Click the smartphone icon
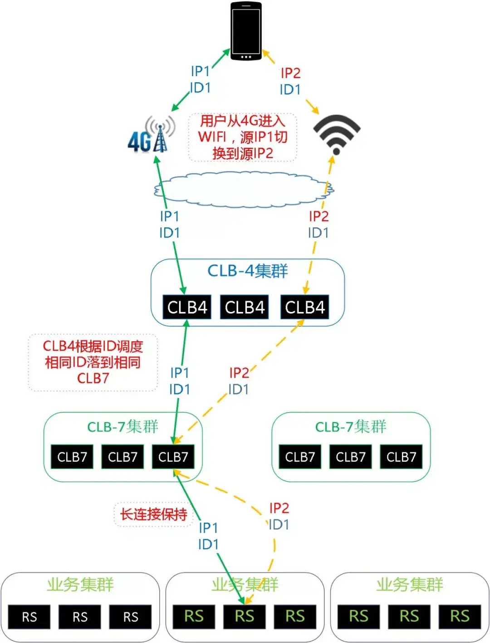tap(246, 31)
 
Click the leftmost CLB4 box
tap(187, 307)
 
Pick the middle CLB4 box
tap(245, 307)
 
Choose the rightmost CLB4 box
tap(305, 307)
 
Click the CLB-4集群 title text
tap(248, 271)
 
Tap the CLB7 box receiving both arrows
tap(173, 457)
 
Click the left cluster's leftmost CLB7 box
tap(72, 457)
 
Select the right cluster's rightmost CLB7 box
tap(401, 457)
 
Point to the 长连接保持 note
tap(153, 514)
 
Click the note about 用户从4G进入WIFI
tap(243, 137)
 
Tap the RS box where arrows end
tap(244, 616)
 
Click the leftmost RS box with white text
tap(29, 617)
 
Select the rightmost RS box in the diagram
tap(459, 616)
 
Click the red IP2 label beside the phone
tap(290, 73)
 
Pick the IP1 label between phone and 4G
tap(200, 71)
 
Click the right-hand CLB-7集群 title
tap(351, 427)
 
